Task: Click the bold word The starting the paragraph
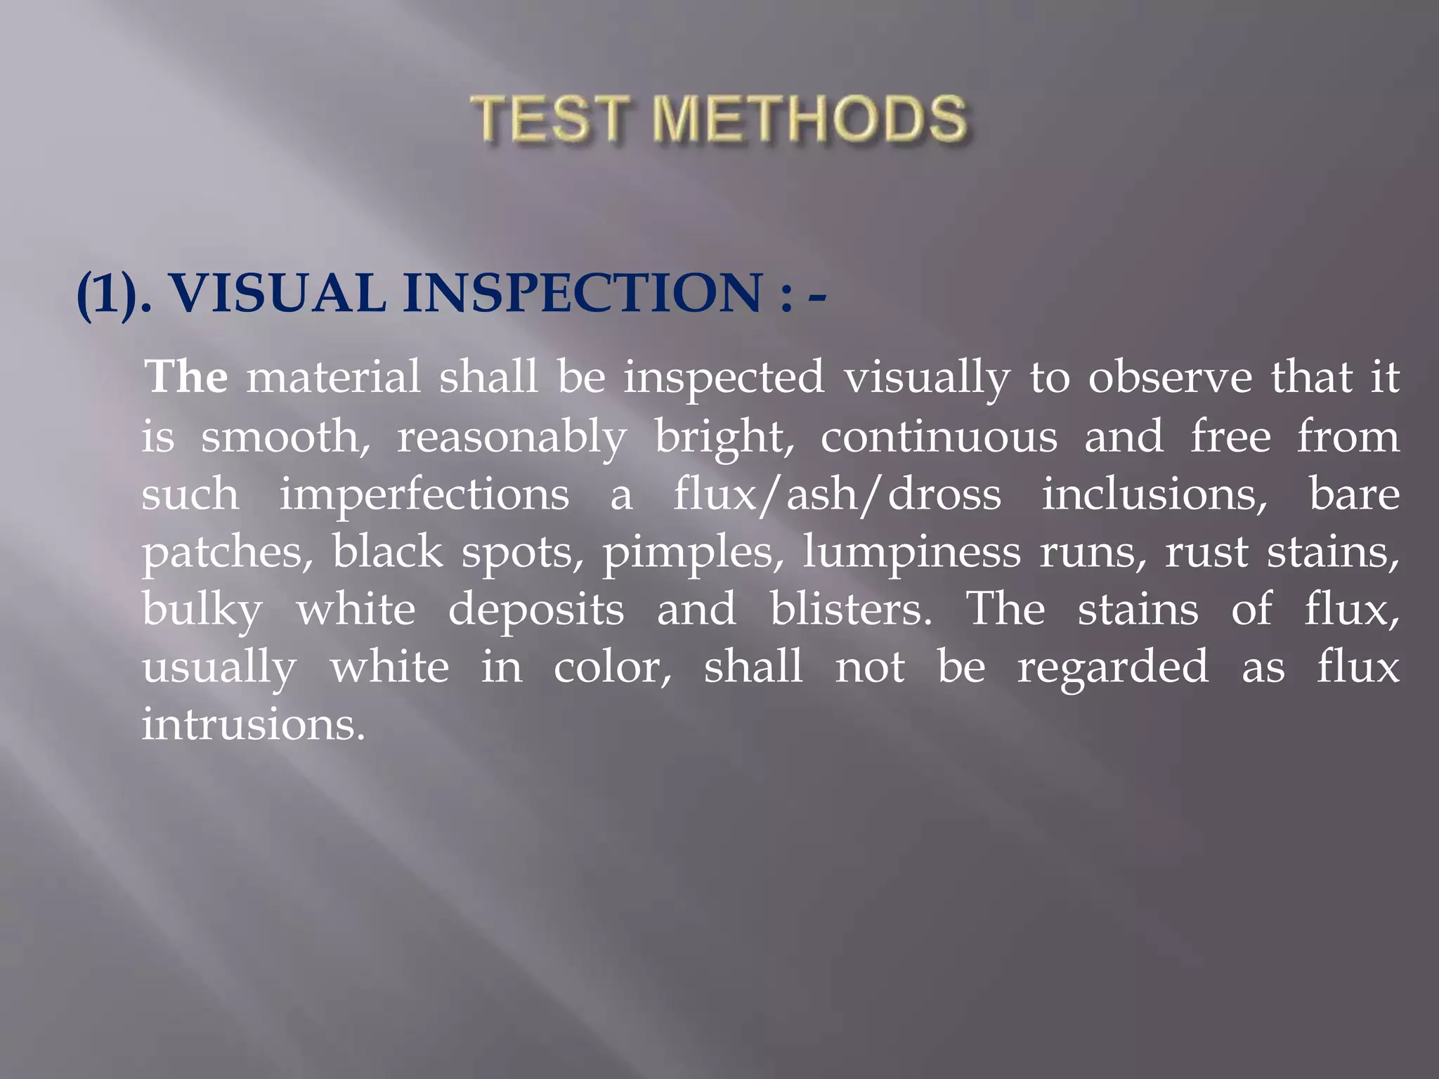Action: point(186,377)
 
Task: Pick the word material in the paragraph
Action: point(333,377)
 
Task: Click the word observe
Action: point(1170,377)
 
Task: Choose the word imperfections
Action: point(424,494)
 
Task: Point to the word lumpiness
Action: point(911,552)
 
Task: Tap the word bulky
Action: point(202,610)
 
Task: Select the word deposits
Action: point(536,610)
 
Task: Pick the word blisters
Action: point(851,608)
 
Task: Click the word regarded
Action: point(1113,667)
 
